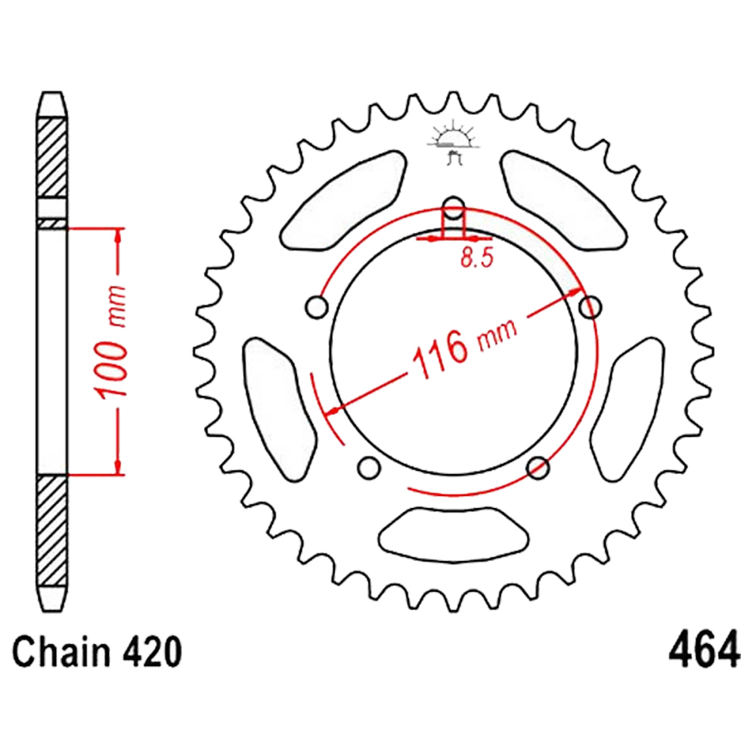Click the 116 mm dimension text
[x=465, y=348]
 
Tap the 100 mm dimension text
[x=111, y=342]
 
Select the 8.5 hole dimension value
[x=477, y=258]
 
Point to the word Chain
[x=61, y=652]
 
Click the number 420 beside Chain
[x=153, y=652]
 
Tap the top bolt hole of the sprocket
[x=453, y=208]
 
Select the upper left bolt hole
[x=317, y=307]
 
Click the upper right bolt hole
[x=590, y=307]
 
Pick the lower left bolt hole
[x=370, y=466]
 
